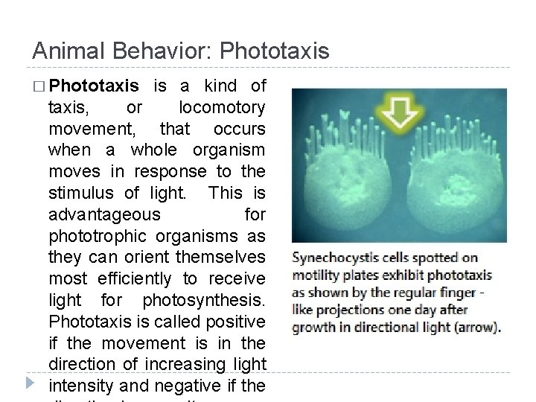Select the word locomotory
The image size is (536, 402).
point(222,107)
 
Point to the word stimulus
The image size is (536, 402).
point(83,193)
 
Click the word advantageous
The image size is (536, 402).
point(104,214)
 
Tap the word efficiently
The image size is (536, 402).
point(135,278)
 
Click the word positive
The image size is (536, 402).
point(238,322)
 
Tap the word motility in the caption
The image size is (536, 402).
point(313,275)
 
